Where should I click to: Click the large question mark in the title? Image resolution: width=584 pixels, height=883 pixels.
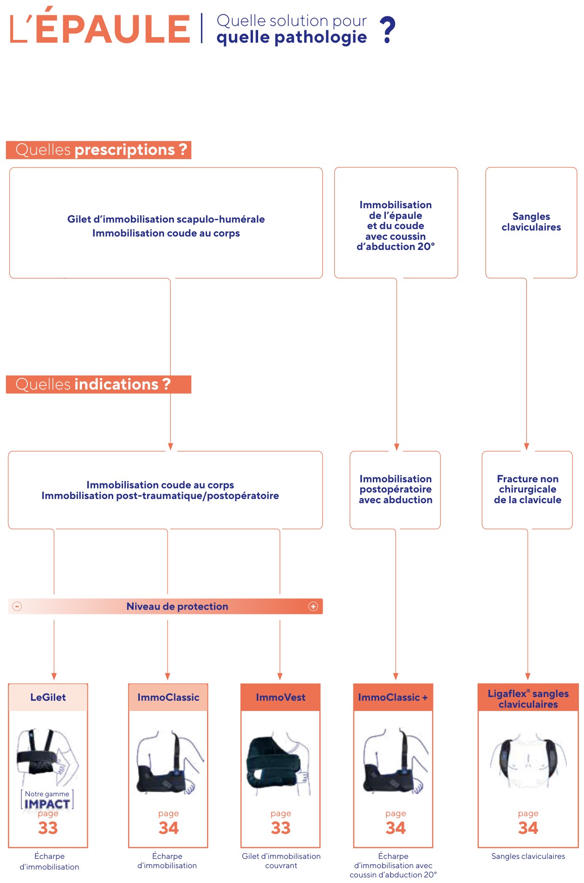click(388, 30)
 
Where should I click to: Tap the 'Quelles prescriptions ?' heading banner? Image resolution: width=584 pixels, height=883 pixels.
click(98, 150)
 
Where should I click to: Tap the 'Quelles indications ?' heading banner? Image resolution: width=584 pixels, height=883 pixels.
click(98, 384)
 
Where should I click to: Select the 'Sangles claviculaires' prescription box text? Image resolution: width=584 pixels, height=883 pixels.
click(531, 222)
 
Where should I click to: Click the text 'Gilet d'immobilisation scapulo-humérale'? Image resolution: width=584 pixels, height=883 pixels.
click(166, 219)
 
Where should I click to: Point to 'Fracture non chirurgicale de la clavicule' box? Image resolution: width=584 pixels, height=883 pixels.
click(527, 490)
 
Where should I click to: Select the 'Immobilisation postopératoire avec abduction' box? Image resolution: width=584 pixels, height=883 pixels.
click(395, 490)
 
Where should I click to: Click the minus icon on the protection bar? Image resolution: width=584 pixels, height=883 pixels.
click(17, 607)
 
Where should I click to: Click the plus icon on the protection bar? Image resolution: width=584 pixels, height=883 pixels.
click(313, 607)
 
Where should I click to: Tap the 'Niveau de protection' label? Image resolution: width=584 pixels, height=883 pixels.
click(177, 607)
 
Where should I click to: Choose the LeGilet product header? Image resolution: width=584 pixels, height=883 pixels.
click(48, 697)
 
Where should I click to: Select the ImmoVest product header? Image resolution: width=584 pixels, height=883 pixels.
click(281, 697)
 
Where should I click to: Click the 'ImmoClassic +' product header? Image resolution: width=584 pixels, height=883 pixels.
click(393, 697)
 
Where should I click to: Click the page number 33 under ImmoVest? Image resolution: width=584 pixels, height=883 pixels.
click(281, 828)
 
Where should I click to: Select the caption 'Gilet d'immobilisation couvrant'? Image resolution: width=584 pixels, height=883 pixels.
click(281, 861)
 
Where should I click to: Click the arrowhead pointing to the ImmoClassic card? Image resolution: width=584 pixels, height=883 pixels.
click(168, 677)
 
